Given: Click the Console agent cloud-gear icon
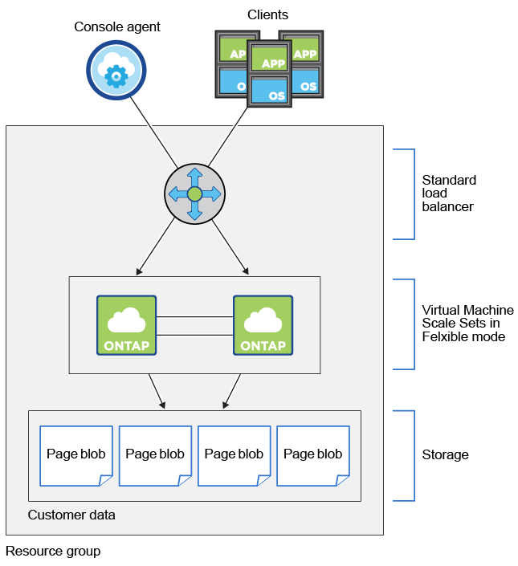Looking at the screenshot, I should [x=116, y=71].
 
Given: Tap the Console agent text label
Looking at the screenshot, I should [x=117, y=27].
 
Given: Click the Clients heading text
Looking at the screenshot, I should [x=268, y=14].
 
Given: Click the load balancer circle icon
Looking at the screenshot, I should [x=194, y=194].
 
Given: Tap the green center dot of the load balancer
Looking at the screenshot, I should [x=194, y=194].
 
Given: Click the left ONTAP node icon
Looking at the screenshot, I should [x=126, y=325].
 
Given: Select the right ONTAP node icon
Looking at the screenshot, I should [x=263, y=325].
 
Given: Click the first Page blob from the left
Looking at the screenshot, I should [x=75, y=455].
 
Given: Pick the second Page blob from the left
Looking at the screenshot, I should [x=155, y=455].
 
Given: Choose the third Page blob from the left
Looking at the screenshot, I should [x=234, y=455].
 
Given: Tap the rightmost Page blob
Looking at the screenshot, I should [x=312, y=455].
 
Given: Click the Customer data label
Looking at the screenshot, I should [x=71, y=515].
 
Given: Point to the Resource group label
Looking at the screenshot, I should [x=52, y=552].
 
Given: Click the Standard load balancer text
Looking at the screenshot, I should [x=449, y=193].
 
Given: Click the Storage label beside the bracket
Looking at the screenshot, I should [x=445, y=455].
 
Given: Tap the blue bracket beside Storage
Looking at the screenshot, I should [x=414, y=455].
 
